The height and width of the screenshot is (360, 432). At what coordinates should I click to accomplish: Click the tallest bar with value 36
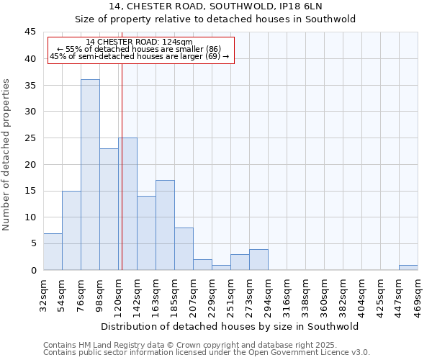pyautogui.click(x=90, y=174)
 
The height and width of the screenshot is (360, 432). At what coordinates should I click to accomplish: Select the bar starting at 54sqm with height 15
pyautogui.click(x=71, y=230)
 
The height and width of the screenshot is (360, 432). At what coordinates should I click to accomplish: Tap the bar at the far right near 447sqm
pyautogui.click(x=408, y=267)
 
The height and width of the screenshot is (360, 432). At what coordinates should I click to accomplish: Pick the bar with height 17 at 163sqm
pyautogui.click(x=165, y=225)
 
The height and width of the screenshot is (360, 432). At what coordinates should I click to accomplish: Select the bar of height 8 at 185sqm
pyautogui.click(x=184, y=248)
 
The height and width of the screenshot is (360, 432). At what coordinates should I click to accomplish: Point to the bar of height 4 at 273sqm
pyautogui.click(x=258, y=259)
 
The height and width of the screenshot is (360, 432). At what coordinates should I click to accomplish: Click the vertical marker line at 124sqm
pyautogui.click(x=122, y=180)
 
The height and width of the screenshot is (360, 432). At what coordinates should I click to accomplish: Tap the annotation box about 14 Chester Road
pyautogui.click(x=140, y=50)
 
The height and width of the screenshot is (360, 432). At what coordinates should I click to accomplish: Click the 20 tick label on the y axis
pyautogui.click(x=30, y=164)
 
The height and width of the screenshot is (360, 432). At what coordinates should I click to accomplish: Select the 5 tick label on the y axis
pyautogui.click(x=33, y=243)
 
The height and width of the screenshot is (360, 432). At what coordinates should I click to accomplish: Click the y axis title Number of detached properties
pyautogui.click(x=6, y=155)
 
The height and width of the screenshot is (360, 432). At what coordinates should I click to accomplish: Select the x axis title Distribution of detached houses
pyautogui.click(x=230, y=326)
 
